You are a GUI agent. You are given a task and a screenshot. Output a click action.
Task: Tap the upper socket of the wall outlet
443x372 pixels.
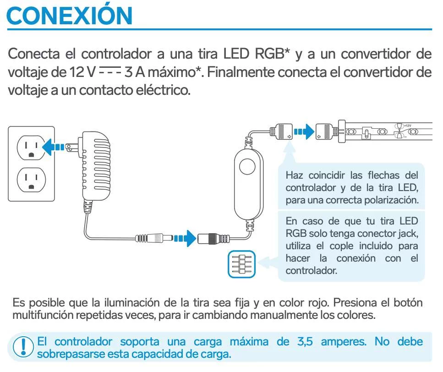31,148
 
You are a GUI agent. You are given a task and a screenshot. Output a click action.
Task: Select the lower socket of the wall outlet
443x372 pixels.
31,180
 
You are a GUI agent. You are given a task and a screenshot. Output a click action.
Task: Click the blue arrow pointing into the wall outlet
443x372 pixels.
54,147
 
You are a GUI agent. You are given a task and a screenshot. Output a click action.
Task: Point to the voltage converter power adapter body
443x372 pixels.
95,166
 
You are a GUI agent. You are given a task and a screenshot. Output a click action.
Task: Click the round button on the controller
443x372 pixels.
247,166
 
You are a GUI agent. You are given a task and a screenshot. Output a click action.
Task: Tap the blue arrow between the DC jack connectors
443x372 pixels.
185,238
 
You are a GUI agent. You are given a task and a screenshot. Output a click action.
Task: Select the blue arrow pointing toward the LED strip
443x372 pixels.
304,131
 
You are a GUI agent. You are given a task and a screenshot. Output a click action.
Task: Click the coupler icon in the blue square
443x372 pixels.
241,264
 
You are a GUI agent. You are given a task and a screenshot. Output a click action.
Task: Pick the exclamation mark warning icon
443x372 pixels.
23,347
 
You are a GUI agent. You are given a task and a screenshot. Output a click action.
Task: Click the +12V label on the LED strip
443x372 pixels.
408,126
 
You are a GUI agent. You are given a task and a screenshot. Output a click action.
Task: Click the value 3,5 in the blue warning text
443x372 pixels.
305,342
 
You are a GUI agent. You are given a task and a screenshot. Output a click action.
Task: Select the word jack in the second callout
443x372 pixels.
408,234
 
